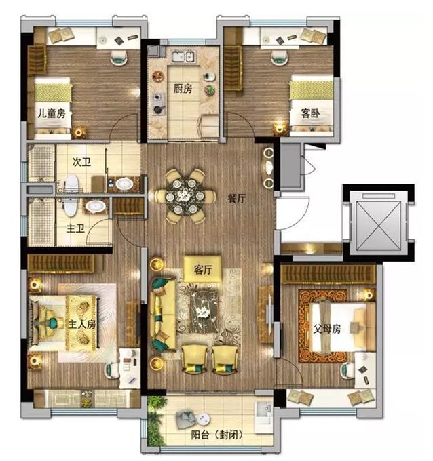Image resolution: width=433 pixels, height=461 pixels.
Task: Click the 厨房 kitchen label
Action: click(183, 88)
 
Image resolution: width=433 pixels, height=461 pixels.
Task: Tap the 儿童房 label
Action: click(51, 113)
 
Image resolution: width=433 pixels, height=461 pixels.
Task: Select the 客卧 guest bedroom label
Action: click(310, 113)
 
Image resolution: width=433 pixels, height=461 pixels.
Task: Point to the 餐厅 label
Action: click(237, 199)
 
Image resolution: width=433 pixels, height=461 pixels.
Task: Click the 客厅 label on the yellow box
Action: click(203, 269)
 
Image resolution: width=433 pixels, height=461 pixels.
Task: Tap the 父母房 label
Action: click(326, 328)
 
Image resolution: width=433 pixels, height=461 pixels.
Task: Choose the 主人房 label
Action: click(82, 324)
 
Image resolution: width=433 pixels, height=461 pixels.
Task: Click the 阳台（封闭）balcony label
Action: click(217, 435)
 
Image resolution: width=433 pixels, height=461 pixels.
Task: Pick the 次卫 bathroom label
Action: click(81, 162)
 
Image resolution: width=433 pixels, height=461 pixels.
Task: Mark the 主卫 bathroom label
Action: click(75, 228)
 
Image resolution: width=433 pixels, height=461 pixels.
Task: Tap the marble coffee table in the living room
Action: click(204, 311)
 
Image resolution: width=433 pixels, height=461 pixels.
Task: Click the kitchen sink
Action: click(183, 56)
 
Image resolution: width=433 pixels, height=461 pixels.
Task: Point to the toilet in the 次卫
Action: click(71, 184)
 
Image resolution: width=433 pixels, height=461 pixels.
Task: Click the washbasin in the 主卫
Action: click(96, 206)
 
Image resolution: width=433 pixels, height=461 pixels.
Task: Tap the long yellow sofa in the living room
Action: click(163, 314)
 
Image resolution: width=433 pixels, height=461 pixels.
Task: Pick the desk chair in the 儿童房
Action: click(119, 57)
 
